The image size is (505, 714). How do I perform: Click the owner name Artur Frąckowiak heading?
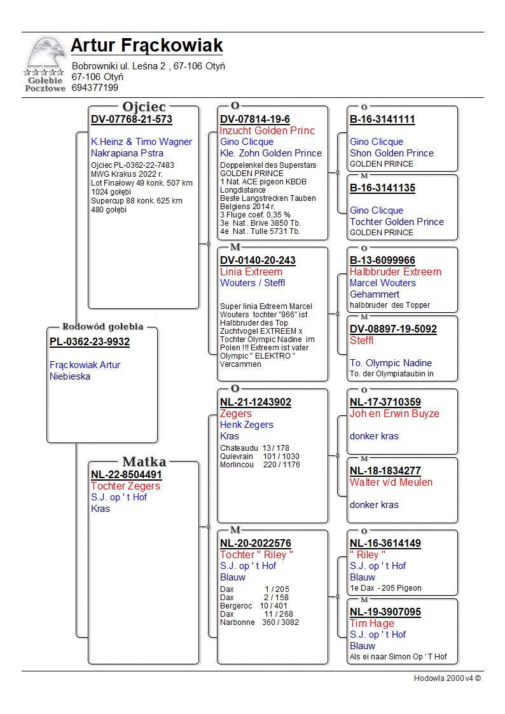point(147,46)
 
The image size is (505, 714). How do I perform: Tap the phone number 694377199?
point(95,88)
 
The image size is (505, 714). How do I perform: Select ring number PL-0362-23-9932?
point(90,342)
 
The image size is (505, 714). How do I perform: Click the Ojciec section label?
point(144,107)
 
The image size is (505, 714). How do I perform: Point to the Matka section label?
point(144,462)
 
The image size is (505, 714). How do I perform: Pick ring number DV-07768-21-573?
point(132,119)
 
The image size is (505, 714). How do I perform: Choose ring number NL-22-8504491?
point(127,474)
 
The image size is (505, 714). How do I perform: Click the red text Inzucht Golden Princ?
point(267,130)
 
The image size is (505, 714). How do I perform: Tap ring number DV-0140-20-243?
point(258,260)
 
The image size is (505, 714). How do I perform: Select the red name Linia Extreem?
point(251,271)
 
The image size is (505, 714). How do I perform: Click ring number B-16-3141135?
point(382,188)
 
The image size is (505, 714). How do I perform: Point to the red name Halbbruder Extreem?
point(395,271)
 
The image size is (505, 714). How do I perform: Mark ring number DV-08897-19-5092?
point(393,329)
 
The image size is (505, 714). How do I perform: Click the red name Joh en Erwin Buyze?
point(394,413)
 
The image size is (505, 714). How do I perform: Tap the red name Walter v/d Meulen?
point(391,482)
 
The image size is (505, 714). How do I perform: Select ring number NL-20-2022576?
point(256,543)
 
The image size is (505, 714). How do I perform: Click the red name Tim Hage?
point(372,623)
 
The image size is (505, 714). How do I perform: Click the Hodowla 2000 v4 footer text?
point(447,678)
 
